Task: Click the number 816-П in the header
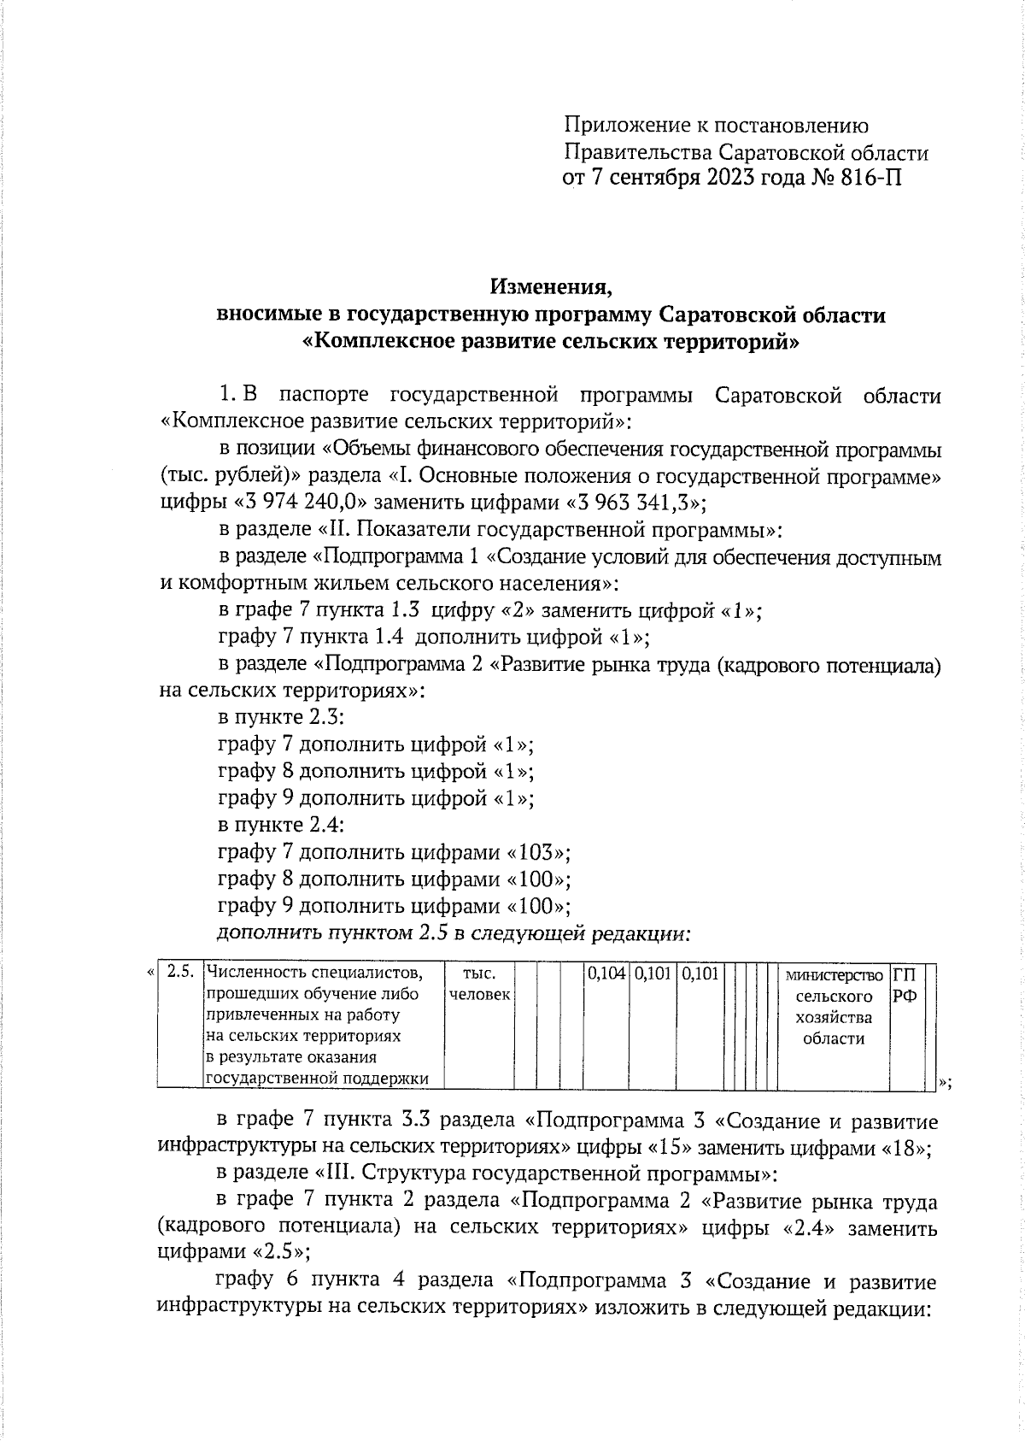tap(867, 179)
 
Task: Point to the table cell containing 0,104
tap(606, 973)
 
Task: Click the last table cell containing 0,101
tap(700, 973)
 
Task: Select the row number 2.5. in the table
tap(180, 973)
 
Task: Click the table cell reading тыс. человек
tap(479, 984)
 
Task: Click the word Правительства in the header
tap(636, 153)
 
